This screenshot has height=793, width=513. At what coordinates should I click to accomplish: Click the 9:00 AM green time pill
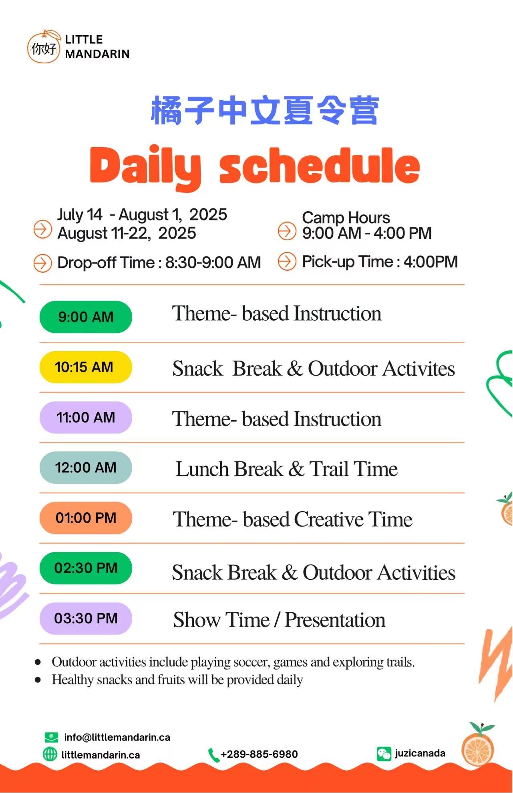86,317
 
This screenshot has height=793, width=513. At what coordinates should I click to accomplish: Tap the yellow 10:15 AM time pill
86,367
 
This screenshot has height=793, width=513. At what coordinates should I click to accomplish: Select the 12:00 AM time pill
86,467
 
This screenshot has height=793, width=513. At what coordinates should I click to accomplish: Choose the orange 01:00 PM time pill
86,518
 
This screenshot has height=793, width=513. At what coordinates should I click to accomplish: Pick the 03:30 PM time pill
86,618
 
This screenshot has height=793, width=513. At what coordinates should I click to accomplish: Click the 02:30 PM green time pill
86,568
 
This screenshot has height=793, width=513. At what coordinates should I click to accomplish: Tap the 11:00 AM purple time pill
86,417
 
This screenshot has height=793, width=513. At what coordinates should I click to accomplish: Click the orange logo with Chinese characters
44,47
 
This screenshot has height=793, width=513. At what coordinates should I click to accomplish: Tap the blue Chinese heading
265,110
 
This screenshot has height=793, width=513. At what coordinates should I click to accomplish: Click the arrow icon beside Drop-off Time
42,263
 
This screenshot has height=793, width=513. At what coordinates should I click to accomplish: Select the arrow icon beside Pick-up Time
287,261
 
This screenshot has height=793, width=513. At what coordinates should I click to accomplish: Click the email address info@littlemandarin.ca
117,737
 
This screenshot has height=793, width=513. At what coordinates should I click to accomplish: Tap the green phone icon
213,755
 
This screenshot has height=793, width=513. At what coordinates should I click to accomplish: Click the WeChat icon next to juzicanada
384,754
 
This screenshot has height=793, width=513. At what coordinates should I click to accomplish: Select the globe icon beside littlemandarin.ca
50,755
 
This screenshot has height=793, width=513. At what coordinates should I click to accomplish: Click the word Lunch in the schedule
229,469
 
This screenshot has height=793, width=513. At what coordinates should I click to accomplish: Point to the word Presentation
335,620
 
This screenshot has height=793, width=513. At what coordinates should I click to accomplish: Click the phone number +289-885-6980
259,754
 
